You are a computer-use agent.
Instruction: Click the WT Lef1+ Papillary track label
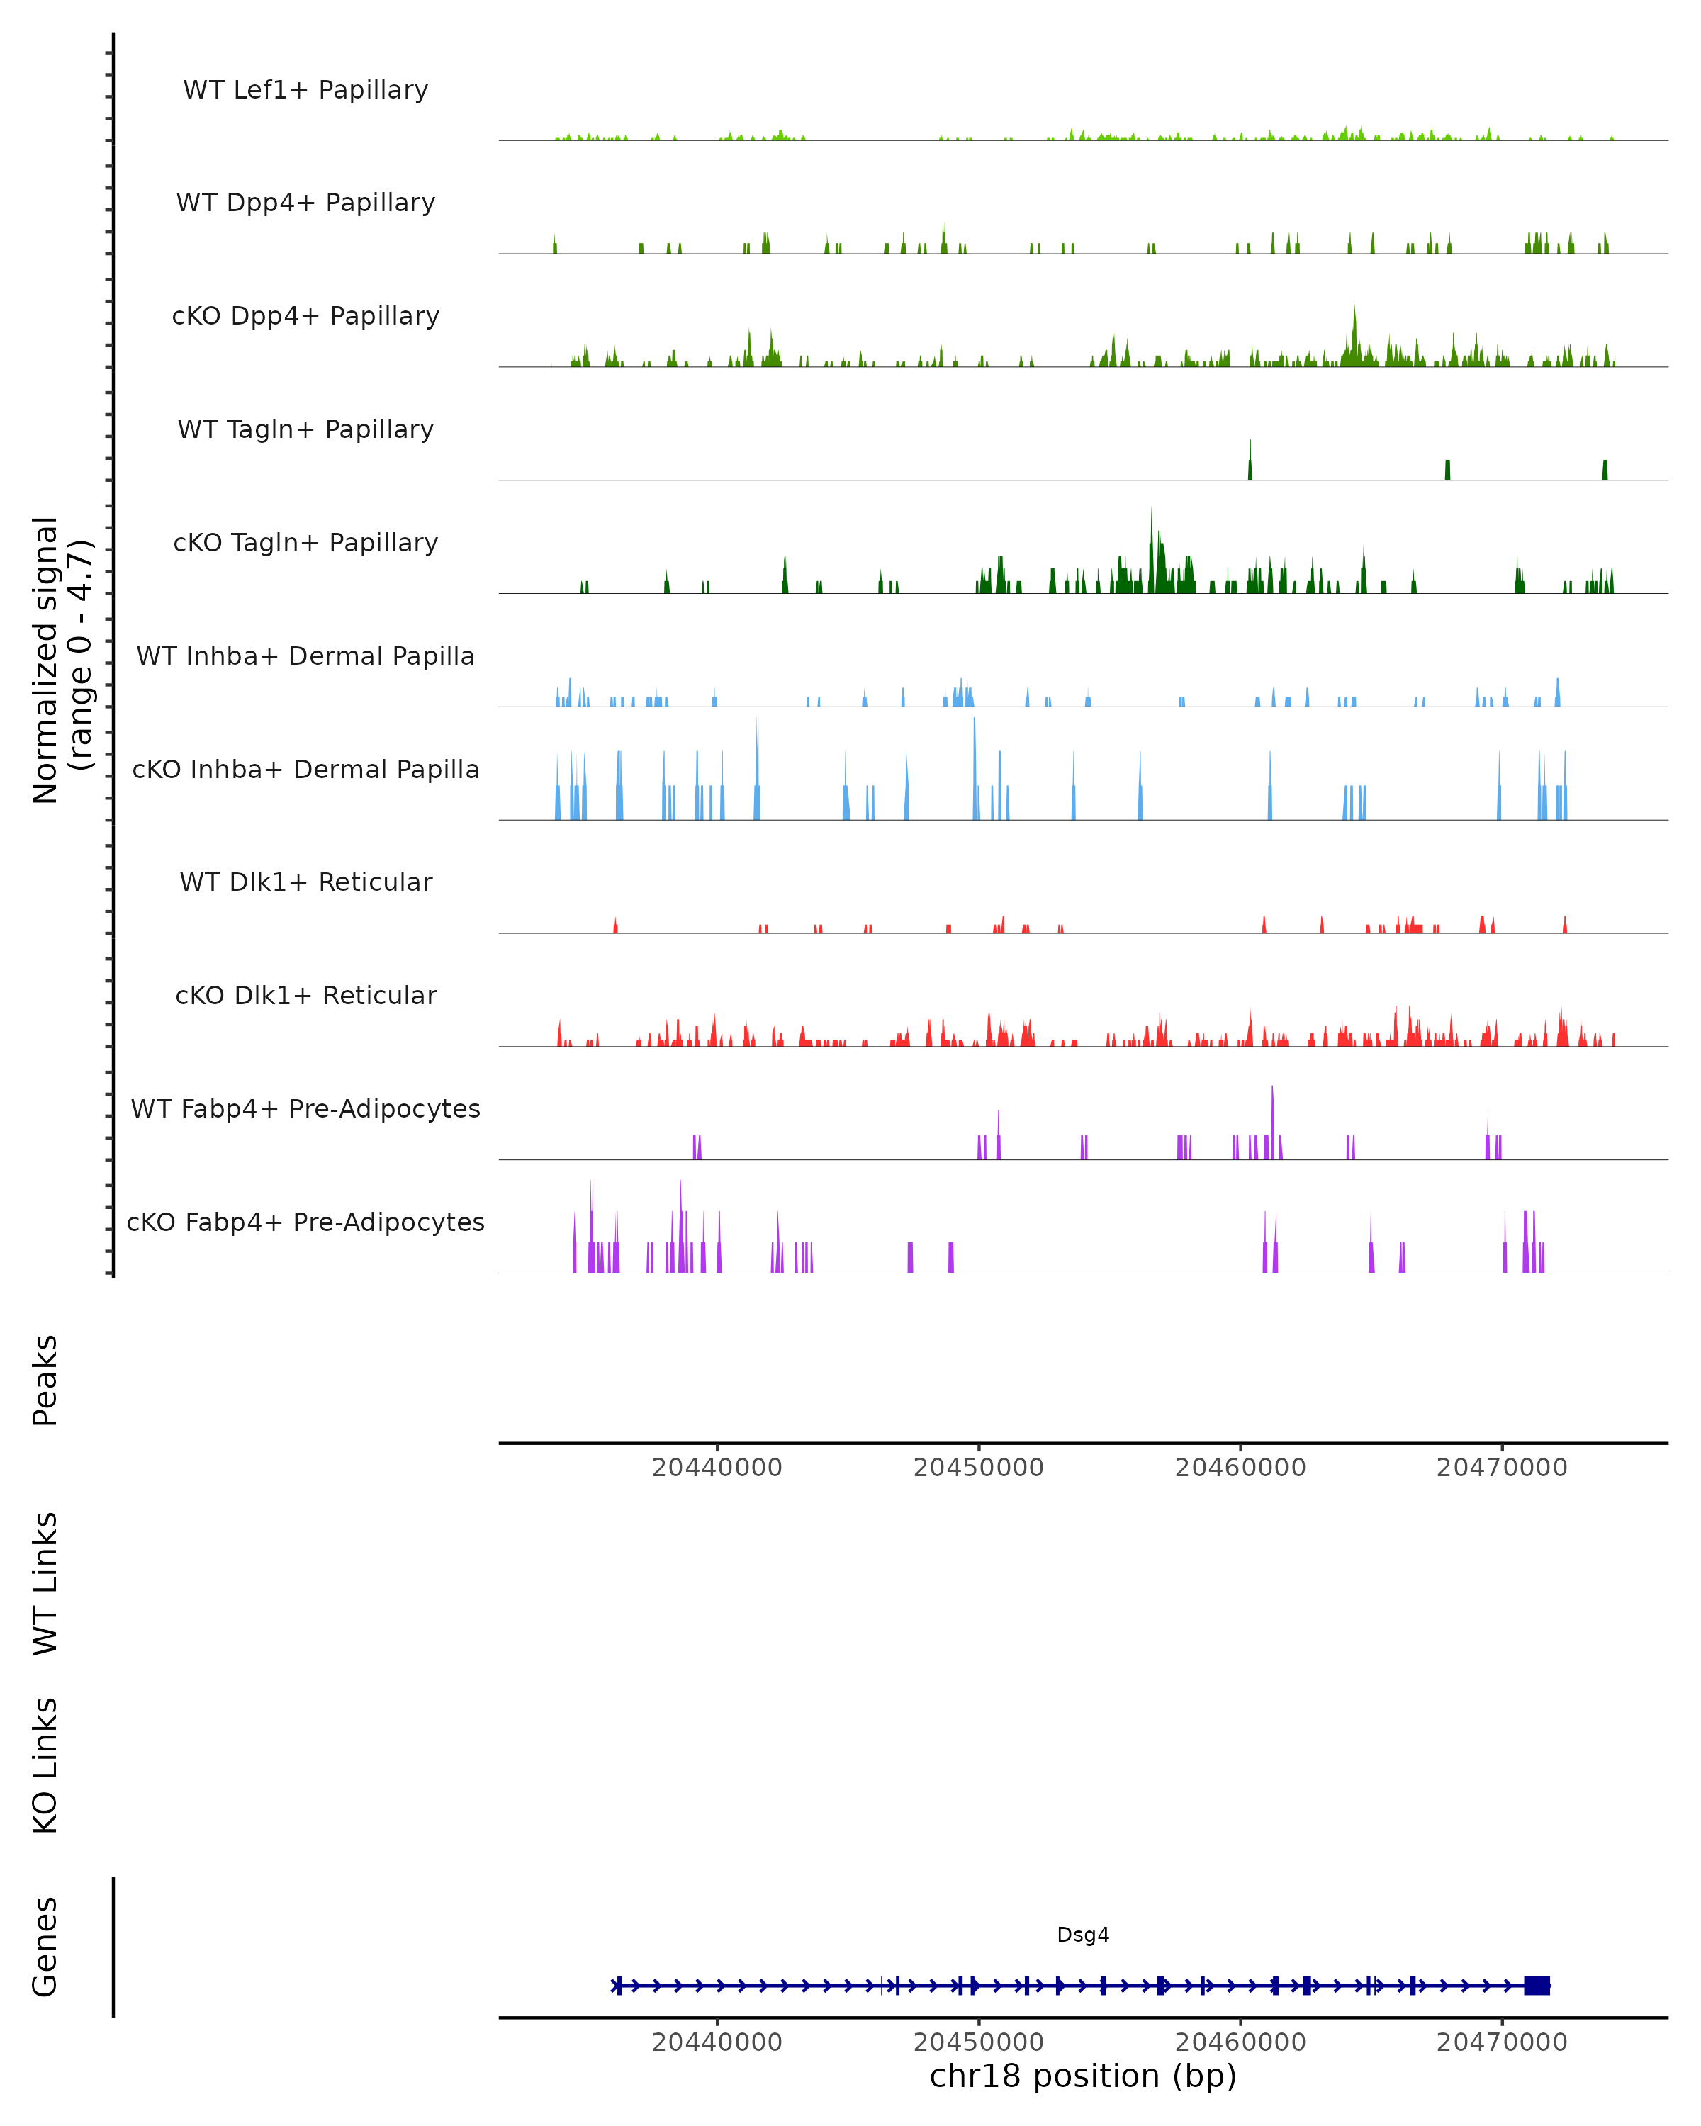click(305, 90)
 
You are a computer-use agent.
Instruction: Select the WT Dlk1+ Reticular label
click(305, 882)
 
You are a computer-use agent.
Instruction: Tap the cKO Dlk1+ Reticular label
click(305, 995)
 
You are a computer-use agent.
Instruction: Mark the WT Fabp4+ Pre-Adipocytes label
click(305, 1108)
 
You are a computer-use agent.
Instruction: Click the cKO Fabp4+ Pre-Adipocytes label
click(305, 1222)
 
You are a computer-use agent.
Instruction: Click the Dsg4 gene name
click(1083, 1935)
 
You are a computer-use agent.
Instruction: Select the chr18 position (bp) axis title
click(1083, 2076)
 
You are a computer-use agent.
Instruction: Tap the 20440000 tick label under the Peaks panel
click(717, 1468)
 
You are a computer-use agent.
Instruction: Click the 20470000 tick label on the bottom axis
click(1502, 2042)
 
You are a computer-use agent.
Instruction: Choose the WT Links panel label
click(45, 1582)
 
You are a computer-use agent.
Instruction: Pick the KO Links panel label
click(45, 1765)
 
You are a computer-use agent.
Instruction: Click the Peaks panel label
click(45, 1380)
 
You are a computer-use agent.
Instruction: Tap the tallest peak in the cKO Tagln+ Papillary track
click(1151, 513)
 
